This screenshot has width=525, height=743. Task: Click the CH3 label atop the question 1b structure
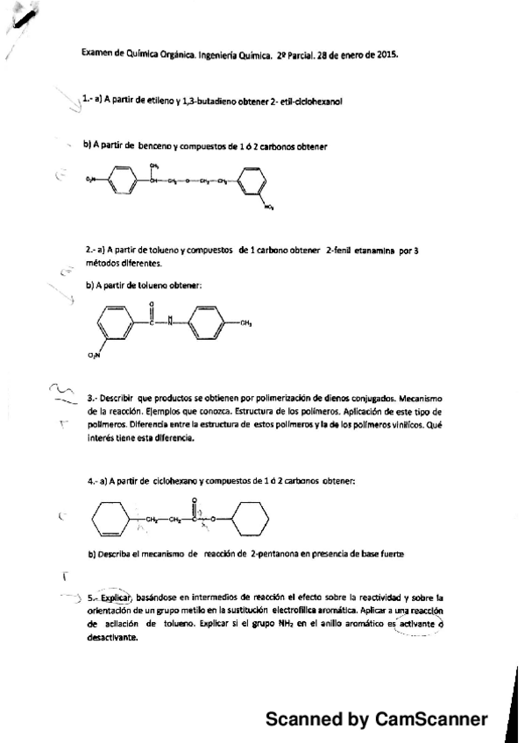[x=153, y=166]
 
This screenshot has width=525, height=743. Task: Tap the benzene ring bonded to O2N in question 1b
[x=122, y=181]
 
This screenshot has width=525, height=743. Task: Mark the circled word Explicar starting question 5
[x=114, y=594]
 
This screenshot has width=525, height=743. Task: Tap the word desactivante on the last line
[x=113, y=638]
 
